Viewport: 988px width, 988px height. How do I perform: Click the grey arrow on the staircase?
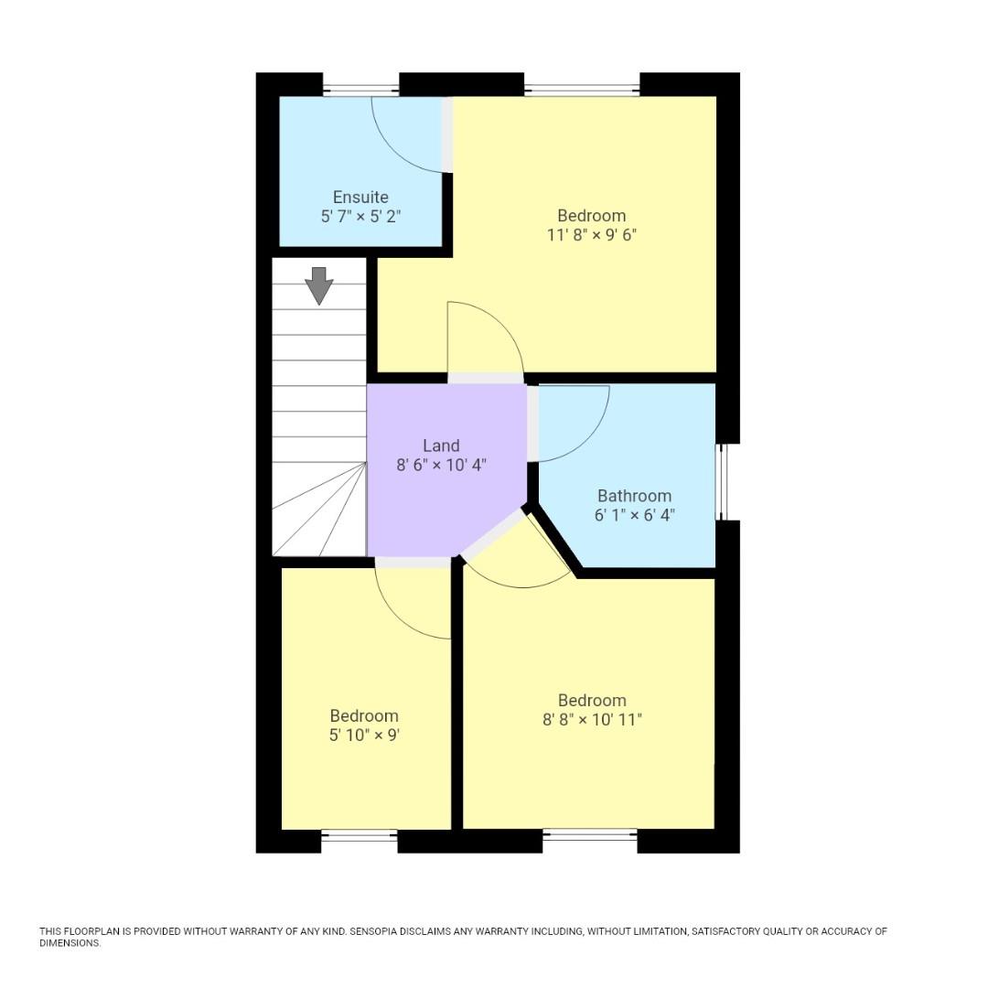[x=318, y=285]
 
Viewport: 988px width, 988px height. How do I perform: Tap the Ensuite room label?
[x=360, y=198]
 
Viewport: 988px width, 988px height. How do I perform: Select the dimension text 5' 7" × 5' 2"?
[x=360, y=217]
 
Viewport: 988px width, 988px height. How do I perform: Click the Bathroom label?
[x=634, y=496]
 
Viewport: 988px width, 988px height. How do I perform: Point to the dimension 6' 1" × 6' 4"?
[x=634, y=515]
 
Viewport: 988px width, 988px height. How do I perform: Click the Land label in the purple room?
[x=441, y=446]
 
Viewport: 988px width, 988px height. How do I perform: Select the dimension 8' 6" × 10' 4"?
[x=441, y=465]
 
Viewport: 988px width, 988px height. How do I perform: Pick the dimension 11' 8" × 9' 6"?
[x=592, y=235]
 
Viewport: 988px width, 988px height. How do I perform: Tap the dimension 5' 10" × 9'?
[x=364, y=735]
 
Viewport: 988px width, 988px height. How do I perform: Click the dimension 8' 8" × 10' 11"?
[x=592, y=720]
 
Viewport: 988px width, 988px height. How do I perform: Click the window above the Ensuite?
[x=360, y=90]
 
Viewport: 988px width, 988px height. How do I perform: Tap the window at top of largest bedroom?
[x=582, y=90]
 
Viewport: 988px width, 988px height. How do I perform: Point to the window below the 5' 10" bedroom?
[x=359, y=835]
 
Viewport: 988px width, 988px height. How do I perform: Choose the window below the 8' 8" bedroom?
[x=590, y=834]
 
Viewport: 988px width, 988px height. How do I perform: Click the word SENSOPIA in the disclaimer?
[x=377, y=931]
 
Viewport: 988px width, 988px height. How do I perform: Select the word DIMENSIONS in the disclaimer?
[x=70, y=943]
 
